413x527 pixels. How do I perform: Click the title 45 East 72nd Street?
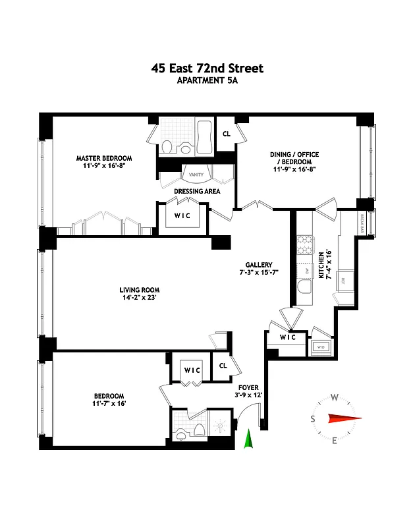[206, 69]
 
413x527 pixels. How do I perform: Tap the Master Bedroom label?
[103, 158]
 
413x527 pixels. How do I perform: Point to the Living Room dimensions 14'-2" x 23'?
[140, 298]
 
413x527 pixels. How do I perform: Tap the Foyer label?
[248, 387]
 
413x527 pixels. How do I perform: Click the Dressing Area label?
[196, 192]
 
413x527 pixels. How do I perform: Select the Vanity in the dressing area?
[196, 175]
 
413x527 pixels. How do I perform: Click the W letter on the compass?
[335, 397]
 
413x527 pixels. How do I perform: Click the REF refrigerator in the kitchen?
[343, 280]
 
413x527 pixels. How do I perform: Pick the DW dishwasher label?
[306, 271]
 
